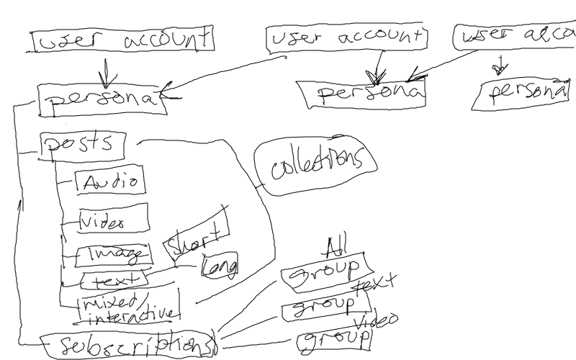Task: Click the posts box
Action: point(81,144)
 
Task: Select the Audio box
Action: point(110,181)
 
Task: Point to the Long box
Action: point(220,266)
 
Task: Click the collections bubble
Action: point(315,166)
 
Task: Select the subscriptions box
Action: point(127,343)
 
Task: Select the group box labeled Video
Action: point(333,340)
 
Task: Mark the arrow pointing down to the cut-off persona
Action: point(497,67)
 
